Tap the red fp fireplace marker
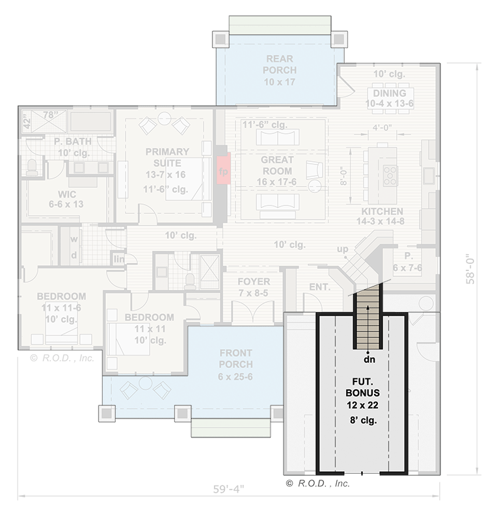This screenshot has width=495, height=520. point(223,171)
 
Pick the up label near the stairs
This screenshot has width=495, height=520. point(342,249)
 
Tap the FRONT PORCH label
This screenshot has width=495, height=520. point(235,364)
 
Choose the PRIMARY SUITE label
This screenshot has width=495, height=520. point(167,161)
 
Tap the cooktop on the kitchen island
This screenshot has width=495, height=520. point(390,173)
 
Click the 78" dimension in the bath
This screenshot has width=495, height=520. point(49,115)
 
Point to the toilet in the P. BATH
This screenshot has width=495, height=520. point(31,168)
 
